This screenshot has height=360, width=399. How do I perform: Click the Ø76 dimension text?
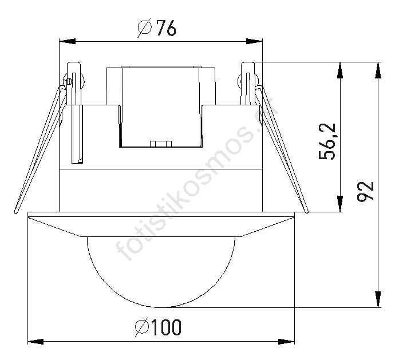click(x=157, y=27)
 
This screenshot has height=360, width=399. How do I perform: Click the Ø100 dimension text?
click(x=158, y=327)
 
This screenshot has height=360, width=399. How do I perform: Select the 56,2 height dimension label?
click(x=327, y=141)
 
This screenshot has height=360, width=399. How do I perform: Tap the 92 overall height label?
click(x=365, y=191)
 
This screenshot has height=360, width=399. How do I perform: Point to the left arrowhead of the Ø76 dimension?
click(x=67, y=41)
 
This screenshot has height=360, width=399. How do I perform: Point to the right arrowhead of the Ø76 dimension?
click(x=254, y=41)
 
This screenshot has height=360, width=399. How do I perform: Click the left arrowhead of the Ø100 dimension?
click(x=35, y=342)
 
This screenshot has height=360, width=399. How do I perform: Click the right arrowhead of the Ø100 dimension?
click(x=286, y=342)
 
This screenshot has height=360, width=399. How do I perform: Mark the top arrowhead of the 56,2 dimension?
click(x=339, y=70)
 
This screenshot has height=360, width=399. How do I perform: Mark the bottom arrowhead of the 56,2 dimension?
click(x=339, y=204)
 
